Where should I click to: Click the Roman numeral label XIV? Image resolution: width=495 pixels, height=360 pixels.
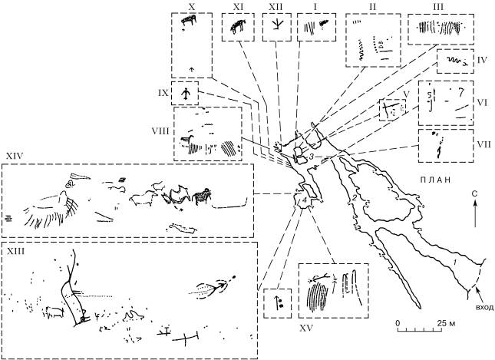13,157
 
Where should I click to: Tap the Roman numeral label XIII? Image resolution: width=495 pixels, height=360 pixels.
15,251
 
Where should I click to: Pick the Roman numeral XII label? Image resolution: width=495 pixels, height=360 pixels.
275,5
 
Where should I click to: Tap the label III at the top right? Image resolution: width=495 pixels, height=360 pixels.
439,5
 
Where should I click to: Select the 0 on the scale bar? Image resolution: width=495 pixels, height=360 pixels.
398,323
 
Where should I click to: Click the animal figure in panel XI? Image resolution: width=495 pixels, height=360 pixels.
237,28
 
